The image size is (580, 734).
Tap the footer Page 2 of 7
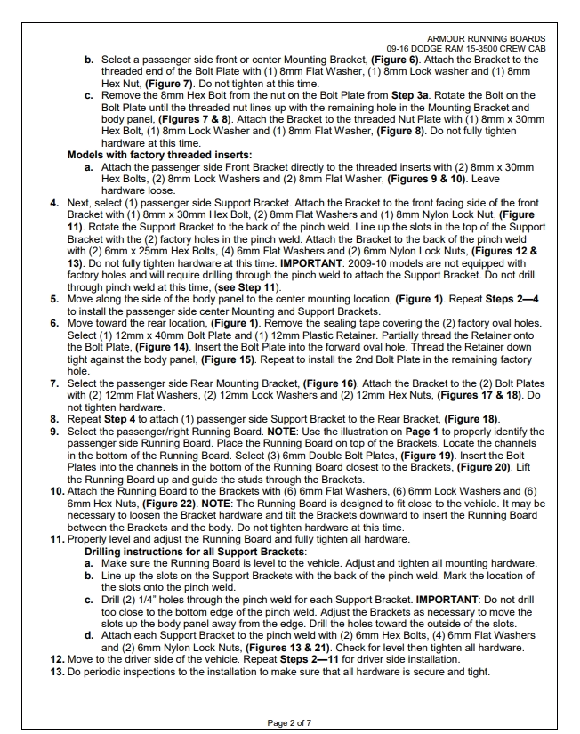click(290, 721)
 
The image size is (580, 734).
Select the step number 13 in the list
click(55, 673)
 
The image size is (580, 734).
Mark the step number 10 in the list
click(55, 488)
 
